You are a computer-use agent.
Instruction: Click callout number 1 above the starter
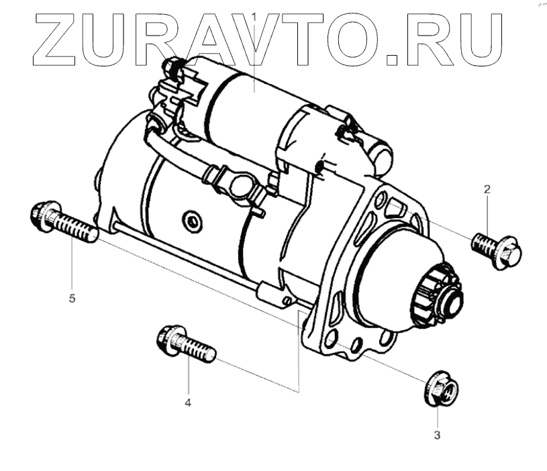pyautogui.click(x=254, y=15)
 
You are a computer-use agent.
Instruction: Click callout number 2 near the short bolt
pyautogui.click(x=487, y=189)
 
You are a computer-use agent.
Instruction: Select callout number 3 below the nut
pyautogui.click(x=437, y=435)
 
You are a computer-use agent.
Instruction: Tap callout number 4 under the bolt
pyautogui.click(x=188, y=402)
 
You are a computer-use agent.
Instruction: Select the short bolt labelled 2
pyautogui.click(x=497, y=250)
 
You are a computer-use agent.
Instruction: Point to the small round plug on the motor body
pyautogui.click(x=192, y=219)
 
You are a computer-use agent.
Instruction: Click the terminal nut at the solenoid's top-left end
pyautogui.click(x=172, y=66)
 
